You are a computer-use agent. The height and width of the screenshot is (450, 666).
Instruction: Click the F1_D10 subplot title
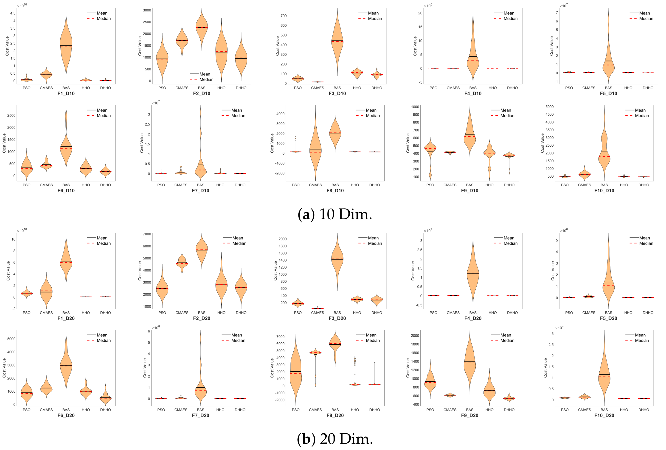coord(66,93)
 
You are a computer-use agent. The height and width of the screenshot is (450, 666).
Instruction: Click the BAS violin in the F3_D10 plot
coord(337,43)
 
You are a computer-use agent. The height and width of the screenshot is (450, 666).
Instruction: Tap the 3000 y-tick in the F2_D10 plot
coord(147,10)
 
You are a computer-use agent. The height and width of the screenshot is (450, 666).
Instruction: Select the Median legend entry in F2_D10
coord(202,80)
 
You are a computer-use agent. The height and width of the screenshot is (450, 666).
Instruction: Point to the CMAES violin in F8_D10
coord(315,149)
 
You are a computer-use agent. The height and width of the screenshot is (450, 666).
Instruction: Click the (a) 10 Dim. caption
coord(335,214)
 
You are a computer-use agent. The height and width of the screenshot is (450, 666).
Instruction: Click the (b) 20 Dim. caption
coord(335,439)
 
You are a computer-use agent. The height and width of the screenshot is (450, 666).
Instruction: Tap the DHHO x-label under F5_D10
coord(648,88)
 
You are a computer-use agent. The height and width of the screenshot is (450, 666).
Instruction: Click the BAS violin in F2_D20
coord(202,251)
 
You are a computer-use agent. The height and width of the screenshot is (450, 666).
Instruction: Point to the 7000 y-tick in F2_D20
coord(147,234)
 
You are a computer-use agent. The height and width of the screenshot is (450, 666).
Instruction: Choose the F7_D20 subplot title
coord(200,415)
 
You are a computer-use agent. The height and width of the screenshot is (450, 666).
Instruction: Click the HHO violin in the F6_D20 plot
coord(86,391)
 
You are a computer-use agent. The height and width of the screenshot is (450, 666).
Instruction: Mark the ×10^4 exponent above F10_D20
coord(559,328)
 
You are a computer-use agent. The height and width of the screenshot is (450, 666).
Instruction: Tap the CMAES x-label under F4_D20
coord(453,313)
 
